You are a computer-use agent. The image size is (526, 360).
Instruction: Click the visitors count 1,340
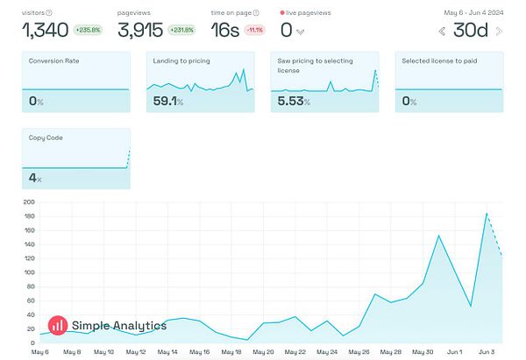(44, 31)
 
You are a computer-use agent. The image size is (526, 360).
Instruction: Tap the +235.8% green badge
(89, 29)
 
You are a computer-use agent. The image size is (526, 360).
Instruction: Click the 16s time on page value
(225, 31)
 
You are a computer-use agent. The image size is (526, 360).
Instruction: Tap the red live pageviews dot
(282, 13)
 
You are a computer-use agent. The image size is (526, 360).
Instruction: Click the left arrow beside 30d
(442, 32)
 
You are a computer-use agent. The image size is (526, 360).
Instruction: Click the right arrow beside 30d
(499, 32)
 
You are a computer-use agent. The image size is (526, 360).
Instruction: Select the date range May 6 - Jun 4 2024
(473, 12)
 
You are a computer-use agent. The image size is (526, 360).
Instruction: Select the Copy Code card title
(46, 138)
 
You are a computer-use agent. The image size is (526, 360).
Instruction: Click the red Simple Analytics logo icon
(58, 325)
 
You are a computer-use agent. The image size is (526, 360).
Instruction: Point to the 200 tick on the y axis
(29, 202)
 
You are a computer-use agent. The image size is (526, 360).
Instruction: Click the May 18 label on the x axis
(231, 352)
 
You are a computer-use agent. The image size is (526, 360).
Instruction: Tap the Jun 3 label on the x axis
(487, 352)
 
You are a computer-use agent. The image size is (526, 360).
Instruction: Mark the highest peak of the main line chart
(487, 213)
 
